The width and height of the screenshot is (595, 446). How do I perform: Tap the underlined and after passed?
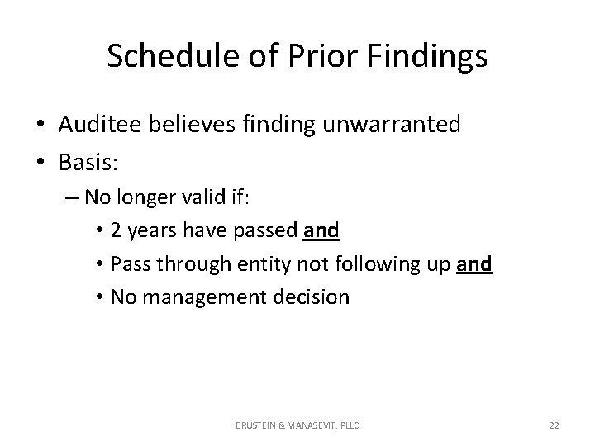321,231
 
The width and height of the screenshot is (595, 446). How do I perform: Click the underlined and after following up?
475,264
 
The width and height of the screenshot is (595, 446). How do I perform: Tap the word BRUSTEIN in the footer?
259,425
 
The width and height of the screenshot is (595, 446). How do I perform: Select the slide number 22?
554,425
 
